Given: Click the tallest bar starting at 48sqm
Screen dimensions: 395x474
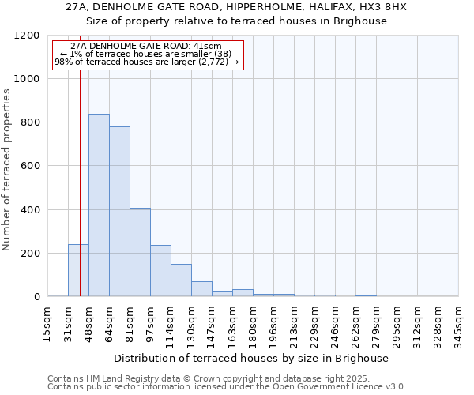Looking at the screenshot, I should click(x=99, y=205).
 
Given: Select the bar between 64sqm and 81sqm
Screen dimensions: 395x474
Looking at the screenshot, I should click(x=119, y=212).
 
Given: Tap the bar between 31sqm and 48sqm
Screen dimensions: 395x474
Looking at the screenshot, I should click(x=78, y=270).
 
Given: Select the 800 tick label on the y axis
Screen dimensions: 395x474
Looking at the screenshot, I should click(x=29, y=122).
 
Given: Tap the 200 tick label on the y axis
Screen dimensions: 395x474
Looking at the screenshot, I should click(x=29, y=254).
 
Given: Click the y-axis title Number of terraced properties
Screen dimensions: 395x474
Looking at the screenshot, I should click(x=7, y=170).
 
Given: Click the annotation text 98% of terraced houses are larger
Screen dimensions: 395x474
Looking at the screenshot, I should click(x=146, y=61).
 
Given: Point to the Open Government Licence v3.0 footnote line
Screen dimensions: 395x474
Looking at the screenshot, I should click(x=227, y=386).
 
